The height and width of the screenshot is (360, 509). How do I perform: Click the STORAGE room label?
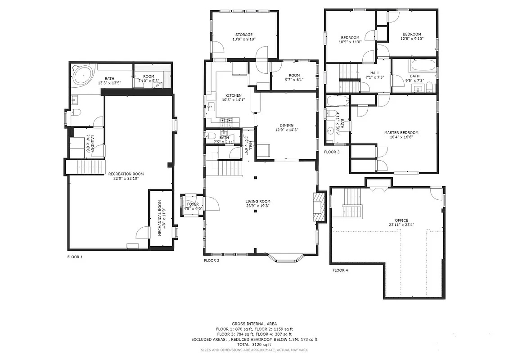[x=243, y=35]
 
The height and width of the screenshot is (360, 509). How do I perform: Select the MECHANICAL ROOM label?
[x=160, y=219]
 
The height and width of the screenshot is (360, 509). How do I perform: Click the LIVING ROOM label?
[x=257, y=201]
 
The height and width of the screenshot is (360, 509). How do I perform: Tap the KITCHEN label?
[x=234, y=95]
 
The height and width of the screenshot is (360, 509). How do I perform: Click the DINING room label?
[x=286, y=125]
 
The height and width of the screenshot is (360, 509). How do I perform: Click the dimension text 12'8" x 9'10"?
[x=412, y=39]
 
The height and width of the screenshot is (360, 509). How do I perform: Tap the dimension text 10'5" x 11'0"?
[x=350, y=42]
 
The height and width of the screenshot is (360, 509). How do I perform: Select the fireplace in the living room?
[x=319, y=207]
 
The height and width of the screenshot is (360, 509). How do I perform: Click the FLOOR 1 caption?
[x=75, y=257]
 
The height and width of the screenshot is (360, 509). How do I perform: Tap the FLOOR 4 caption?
[x=340, y=270]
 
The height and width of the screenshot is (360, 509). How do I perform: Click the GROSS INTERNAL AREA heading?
[x=254, y=324]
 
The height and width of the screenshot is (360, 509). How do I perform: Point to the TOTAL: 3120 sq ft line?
[x=254, y=344]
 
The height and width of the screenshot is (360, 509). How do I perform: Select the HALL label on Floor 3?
[x=374, y=73]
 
